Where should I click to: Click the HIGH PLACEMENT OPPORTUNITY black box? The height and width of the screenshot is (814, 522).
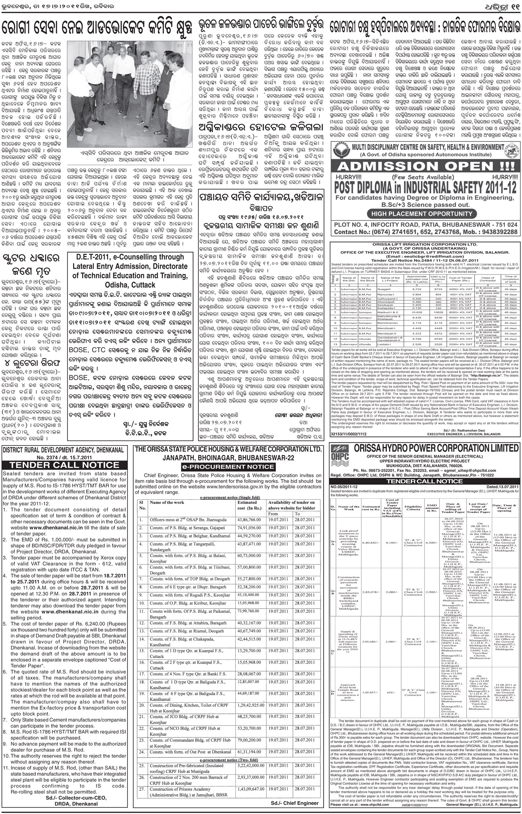(x=424, y=213)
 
